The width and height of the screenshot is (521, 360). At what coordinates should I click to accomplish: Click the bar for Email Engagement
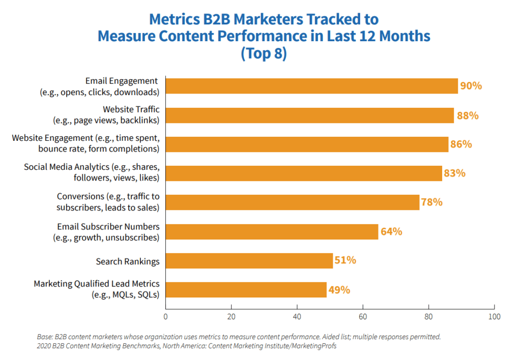[x=311, y=86]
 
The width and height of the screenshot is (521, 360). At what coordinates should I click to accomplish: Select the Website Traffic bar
[x=309, y=115]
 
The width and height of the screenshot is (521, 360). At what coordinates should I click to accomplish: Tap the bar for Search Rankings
[x=249, y=261]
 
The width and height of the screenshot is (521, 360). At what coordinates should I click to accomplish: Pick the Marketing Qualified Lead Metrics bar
[x=246, y=290]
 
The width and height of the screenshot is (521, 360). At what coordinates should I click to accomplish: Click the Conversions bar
[x=292, y=202]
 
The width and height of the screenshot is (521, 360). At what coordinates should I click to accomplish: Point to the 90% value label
[x=471, y=86]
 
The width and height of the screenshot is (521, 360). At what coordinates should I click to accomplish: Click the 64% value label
[x=391, y=232]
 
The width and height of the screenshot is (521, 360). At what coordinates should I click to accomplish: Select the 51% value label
[x=345, y=261]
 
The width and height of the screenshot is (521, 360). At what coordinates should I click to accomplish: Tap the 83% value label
[x=454, y=173]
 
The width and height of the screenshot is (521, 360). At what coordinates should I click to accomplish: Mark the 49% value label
[x=339, y=290]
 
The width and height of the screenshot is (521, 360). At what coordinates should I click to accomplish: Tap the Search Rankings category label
[x=128, y=261]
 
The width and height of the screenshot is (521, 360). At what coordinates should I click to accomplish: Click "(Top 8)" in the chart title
[x=264, y=53]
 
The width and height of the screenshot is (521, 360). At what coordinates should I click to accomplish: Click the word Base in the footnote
[x=45, y=337]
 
